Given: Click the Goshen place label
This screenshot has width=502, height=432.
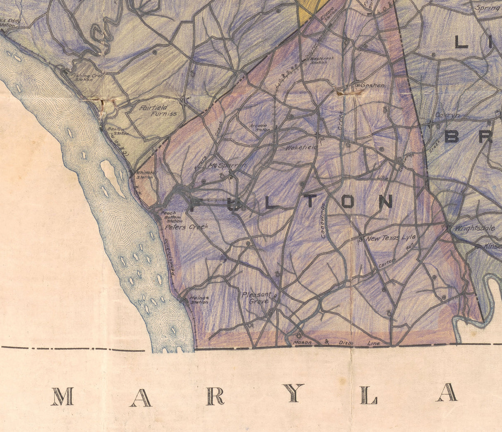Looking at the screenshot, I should [x=372, y=85].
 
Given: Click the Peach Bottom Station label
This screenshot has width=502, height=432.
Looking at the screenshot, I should [x=171, y=217].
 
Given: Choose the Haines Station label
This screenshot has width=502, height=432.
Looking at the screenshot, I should [x=199, y=300].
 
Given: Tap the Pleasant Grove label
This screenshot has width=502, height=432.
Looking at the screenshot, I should [x=257, y=298].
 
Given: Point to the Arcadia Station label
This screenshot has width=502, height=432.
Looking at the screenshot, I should [x=259, y=127].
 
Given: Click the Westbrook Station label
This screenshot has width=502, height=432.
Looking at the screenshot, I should [x=322, y=60].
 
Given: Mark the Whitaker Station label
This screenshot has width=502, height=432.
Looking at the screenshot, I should [x=144, y=175].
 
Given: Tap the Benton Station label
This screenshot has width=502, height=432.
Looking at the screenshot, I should [x=117, y=131].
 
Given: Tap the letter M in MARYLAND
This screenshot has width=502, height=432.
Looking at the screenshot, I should [x=62, y=396].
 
